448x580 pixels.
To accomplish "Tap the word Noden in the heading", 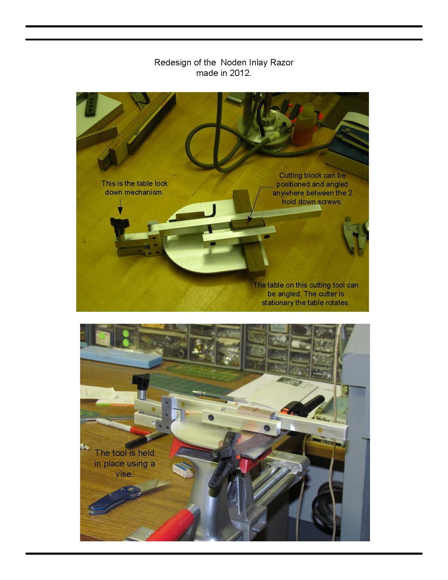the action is pos(233,63).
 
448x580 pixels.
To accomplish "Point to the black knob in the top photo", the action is pos(119,223).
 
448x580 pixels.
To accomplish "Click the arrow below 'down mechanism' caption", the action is pos(120,206).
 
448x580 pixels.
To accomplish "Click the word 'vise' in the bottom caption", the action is pos(124,474).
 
